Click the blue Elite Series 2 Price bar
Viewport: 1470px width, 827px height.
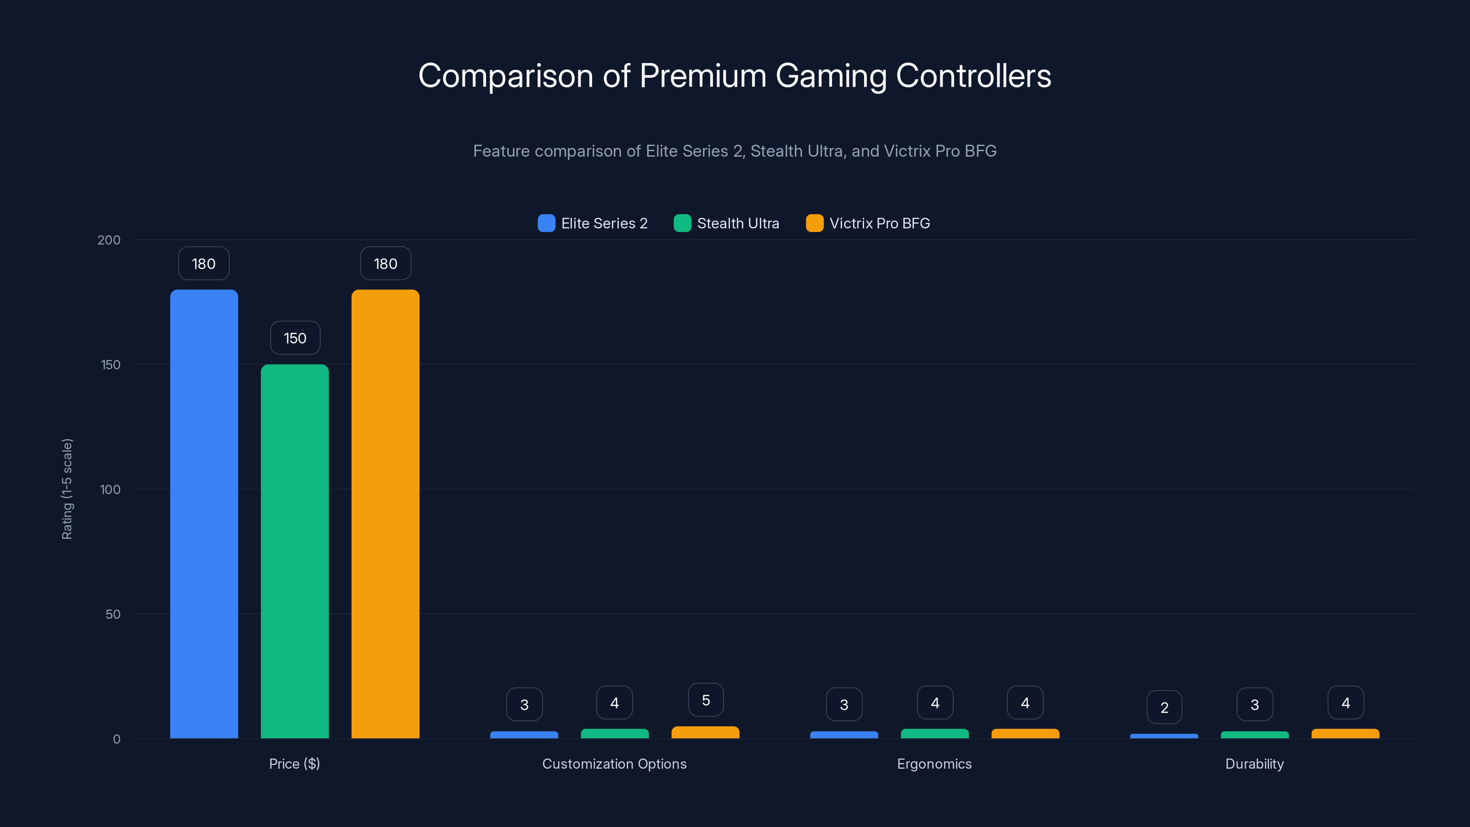click(204, 514)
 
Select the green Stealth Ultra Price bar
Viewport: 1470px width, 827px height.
click(294, 551)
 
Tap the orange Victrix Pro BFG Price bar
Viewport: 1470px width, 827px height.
click(385, 514)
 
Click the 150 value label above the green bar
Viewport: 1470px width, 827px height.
click(295, 338)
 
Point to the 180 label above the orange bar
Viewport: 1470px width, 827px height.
click(385, 264)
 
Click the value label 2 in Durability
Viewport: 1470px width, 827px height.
click(1164, 708)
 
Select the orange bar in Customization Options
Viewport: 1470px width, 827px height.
click(705, 732)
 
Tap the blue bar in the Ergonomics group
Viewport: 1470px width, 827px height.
click(844, 735)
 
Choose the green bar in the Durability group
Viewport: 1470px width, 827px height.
click(1254, 735)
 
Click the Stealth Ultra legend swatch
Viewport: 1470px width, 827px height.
click(682, 223)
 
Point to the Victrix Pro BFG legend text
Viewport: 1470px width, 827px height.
click(879, 223)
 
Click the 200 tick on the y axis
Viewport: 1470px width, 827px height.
click(109, 240)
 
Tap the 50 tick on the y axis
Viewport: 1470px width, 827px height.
click(113, 614)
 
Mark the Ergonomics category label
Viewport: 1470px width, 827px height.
click(934, 764)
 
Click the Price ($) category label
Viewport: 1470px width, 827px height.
click(294, 764)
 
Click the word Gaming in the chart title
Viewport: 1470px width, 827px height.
click(831, 76)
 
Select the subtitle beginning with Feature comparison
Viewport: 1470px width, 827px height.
click(735, 151)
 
